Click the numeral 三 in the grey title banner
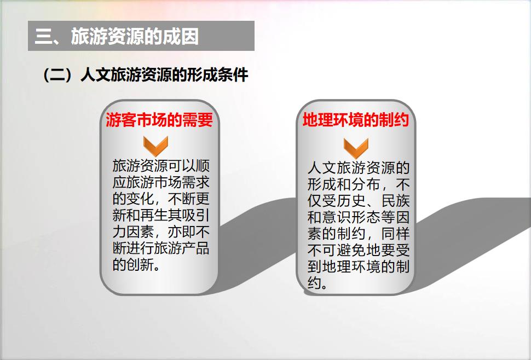(x=43, y=36)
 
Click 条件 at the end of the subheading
(x=233, y=75)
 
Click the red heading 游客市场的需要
(x=159, y=120)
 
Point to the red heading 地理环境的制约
(x=356, y=120)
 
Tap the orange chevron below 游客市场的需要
(x=156, y=146)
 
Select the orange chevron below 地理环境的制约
(x=356, y=148)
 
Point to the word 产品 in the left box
(x=195, y=248)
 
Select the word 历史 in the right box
(x=352, y=200)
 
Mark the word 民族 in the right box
(x=396, y=200)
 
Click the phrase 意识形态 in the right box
(x=352, y=217)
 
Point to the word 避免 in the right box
(x=352, y=250)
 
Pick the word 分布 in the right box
(x=366, y=184)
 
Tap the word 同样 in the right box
(x=396, y=234)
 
